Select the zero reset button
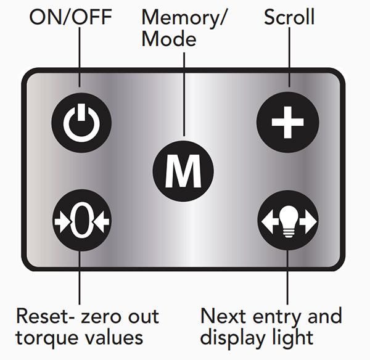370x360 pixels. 81,220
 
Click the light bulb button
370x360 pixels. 288,220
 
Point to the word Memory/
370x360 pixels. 185,17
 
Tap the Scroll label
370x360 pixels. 289,17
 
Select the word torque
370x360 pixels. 46,338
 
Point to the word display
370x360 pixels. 236,338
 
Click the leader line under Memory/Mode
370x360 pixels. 183,92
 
